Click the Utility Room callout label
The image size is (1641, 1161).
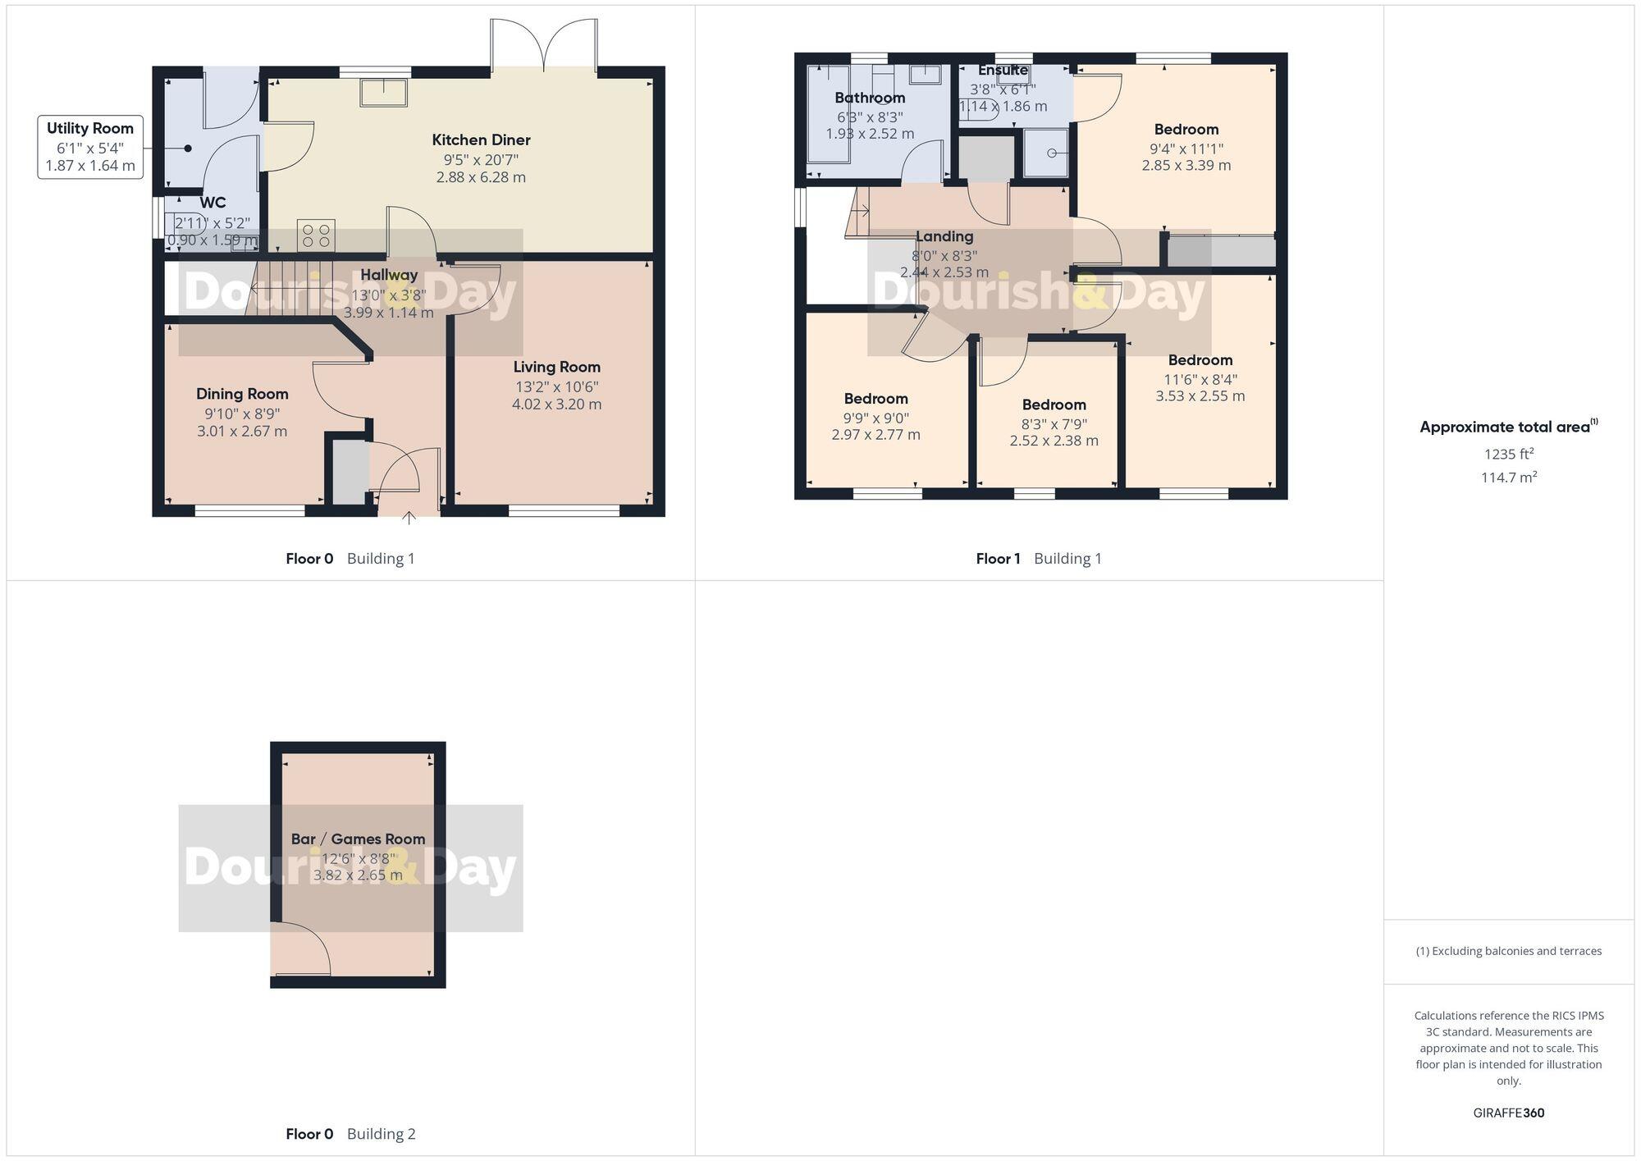[x=89, y=147]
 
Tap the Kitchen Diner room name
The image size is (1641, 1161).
[x=481, y=139]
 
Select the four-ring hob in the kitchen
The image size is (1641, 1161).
[x=317, y=235]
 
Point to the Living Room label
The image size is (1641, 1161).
[x=556, y=367]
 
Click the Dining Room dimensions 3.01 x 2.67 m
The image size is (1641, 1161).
[x=242, y=432]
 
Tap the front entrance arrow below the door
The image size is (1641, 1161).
[x=409, y=518]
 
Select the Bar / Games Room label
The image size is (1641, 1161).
[x=358, y=839]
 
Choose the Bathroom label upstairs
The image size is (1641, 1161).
[x=870, y=98]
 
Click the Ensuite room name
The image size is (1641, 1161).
[x=1003, y=71]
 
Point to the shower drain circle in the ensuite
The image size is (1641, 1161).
[x=1052, y=153]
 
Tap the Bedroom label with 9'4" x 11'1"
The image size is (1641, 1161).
[x=1186, y=129]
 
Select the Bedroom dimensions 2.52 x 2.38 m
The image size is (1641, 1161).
[x=1054, y=441]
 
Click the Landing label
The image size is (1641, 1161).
[x=944, y=236]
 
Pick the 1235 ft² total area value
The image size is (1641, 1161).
[x=1508, y=454]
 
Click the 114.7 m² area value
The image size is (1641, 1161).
[x=1508, y=478]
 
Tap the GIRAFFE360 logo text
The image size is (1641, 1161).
[x=1508, y=1113]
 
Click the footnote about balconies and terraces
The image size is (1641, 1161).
[x=1508, y=951]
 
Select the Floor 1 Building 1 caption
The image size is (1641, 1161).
[x=1038, y=559]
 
